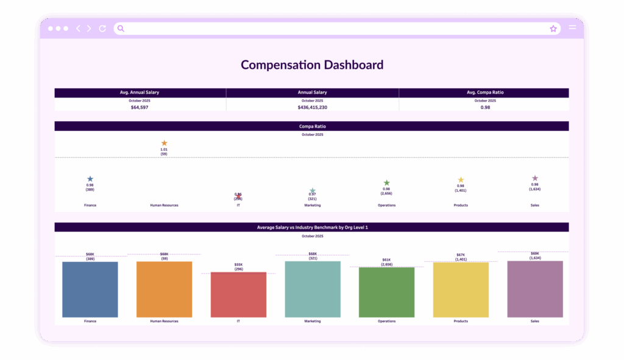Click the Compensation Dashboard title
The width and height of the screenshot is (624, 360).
[312, 65]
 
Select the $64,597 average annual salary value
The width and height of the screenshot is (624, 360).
[140, 107]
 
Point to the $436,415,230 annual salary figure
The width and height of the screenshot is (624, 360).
[312, 107]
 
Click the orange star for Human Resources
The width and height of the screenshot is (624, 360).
[164, 143]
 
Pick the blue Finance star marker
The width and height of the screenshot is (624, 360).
[90, 179]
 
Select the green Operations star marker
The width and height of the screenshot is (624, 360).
[386, 183]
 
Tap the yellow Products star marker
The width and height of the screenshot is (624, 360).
[461, 180]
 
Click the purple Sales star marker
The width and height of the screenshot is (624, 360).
[535, 178]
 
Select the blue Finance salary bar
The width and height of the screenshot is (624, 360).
[90, 289]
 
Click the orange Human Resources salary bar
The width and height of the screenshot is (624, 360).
[164, 289]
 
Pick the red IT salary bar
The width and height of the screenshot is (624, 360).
[238, 294]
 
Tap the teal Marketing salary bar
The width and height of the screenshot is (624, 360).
[313, 289]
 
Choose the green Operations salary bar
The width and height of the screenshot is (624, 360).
[386, 292]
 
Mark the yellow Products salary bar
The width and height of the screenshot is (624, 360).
[461, 290]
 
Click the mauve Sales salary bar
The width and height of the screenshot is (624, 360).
[535, 289]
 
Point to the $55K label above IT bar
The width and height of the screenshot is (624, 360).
[238, 265]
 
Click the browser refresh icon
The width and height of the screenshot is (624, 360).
[102, 29]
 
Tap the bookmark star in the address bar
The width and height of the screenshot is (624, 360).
[553, 29]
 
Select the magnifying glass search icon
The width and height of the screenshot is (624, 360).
[121, 29]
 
